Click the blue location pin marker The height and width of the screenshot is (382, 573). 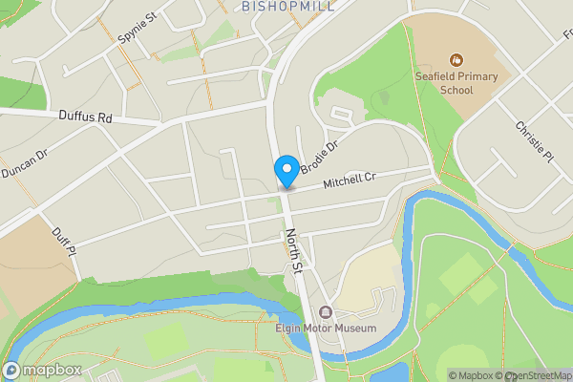(x=286, y=171)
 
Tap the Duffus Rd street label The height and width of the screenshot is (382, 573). (x=85, y=117)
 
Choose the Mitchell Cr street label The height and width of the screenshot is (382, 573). (x=350, y=180)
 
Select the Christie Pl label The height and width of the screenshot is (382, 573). (x=533, y=141)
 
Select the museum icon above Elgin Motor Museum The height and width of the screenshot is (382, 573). (x=326, y=312)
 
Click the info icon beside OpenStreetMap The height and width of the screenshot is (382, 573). (x=563, y=375)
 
